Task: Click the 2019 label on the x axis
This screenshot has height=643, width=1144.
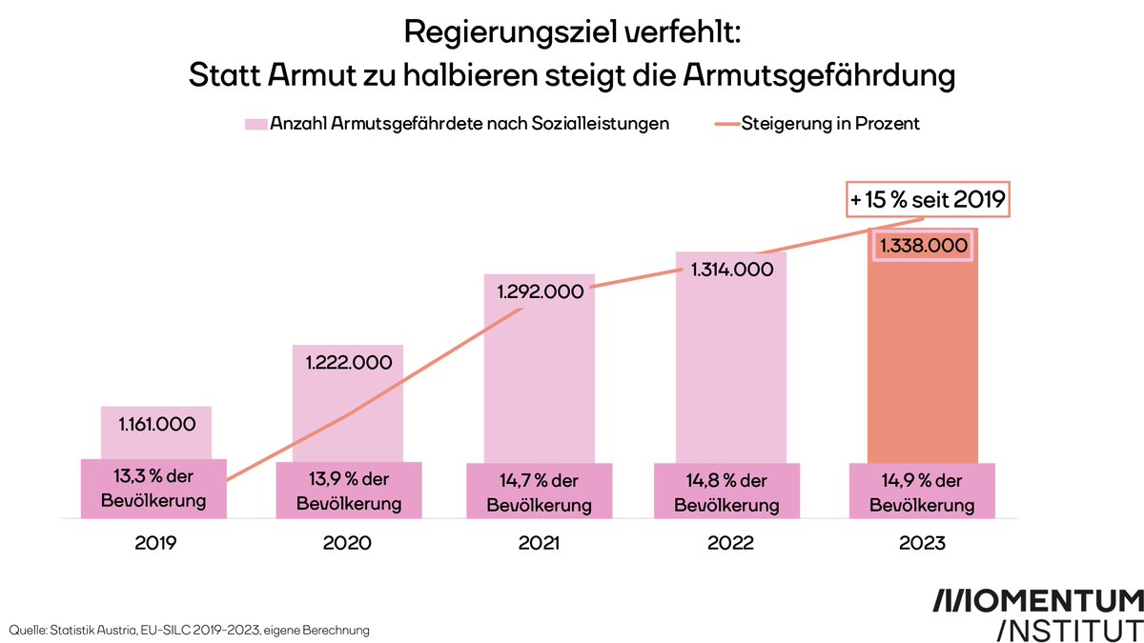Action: pos(155,544)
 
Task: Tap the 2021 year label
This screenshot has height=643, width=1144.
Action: pos(540,544)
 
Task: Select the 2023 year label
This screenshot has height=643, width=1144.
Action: pos(922,544)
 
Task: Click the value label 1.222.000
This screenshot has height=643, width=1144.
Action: pos(348,363)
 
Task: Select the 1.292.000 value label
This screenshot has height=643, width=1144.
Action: pos(540,291)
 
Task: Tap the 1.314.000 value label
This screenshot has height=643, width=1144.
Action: pos(730,270)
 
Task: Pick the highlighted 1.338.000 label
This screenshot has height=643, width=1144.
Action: pos(923,246)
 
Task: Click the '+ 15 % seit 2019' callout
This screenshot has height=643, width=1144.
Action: pos(928,200)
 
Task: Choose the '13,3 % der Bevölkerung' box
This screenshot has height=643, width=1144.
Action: pos(155,491)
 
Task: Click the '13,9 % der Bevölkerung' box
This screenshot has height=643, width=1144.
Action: pos(348,491)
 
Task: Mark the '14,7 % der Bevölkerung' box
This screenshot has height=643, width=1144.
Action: pos(540,491)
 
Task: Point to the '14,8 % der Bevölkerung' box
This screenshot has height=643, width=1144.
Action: pos(730,491)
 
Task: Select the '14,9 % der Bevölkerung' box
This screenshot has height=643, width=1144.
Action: pos(922,491)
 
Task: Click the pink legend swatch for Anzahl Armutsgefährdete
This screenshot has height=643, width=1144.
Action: pos(255,124)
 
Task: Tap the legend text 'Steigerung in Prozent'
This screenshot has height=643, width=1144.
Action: pos(829,124)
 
